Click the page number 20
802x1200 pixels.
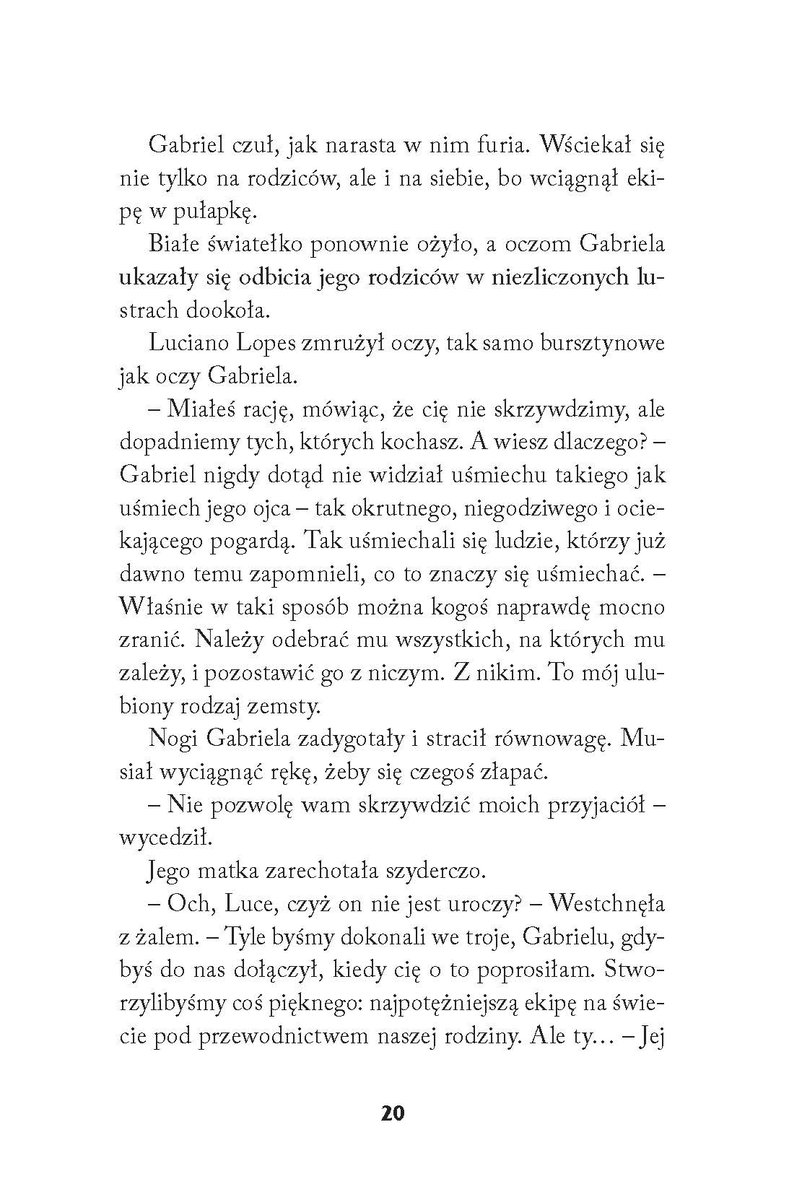(400, 1114)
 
